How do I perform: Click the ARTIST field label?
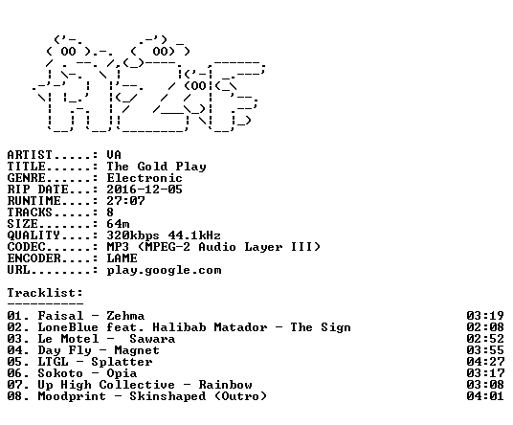[30, 155]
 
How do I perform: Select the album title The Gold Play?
[156, 167]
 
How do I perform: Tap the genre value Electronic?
[145, 178]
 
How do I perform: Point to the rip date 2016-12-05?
[145, 190]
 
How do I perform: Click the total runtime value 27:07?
[125, 201]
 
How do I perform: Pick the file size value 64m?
[118, 224]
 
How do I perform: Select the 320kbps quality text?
[133, 235]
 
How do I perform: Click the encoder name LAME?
[123, 258]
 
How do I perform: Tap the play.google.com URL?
[165, 271]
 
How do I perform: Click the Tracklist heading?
[45, 293]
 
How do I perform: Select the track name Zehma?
[125, 316]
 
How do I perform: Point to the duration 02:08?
[485, 327]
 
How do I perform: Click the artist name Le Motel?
[68, 339]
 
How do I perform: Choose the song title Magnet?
[137, 350]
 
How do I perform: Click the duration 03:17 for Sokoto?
[485, 373]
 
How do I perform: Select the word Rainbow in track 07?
[226, 385]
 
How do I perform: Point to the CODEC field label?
[26, 247]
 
